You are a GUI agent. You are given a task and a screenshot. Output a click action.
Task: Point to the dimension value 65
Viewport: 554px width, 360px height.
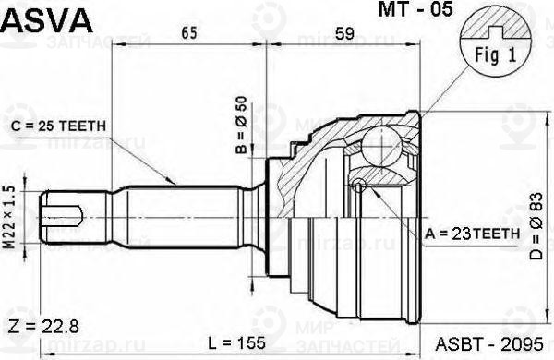click(188, 34)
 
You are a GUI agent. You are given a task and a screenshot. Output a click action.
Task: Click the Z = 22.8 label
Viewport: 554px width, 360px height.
click(45, 327)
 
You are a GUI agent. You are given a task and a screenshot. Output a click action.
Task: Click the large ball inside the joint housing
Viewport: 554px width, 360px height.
click(378, 145)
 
